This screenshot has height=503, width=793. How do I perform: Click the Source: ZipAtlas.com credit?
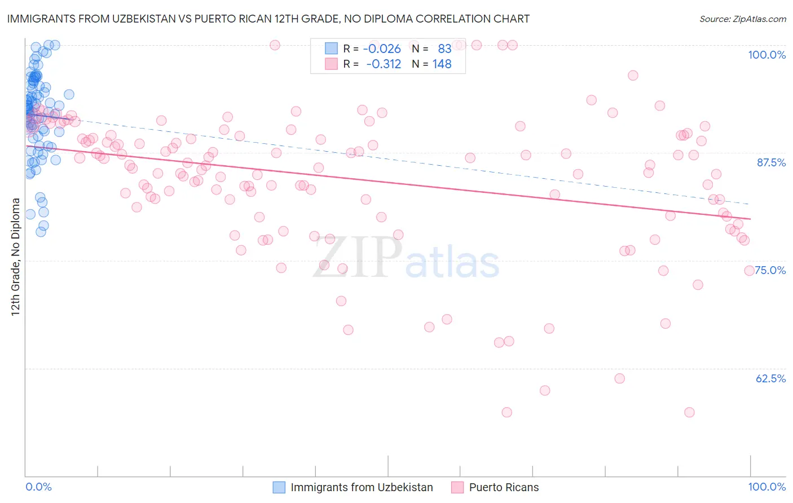(x=742, y=19)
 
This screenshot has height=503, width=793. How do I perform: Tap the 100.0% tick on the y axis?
(x=766, y=55)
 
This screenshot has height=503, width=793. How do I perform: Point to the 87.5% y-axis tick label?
(x=771, y=162)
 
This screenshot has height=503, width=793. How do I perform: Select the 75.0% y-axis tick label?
(x=770, y=270)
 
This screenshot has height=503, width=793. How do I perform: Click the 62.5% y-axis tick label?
(x=770, y=378)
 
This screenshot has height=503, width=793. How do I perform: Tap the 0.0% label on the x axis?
(x=38, y=487)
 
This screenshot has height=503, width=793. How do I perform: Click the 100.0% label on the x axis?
(x=766, y=487)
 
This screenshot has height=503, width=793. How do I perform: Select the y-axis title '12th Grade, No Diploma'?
(x=16, y=257)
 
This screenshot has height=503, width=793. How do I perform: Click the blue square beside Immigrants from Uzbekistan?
(x=279, y=487)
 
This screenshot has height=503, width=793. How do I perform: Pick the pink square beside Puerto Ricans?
(x=457, y=487)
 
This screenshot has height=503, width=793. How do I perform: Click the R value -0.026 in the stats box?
(x=382, y=49)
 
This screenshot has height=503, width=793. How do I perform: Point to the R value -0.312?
(x=384, y=64)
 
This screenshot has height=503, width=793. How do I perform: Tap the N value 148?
(x=442, y=64)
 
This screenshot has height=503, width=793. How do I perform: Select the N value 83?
(x=444, y=49)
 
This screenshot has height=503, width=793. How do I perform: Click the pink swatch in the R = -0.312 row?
(x=331, y=64)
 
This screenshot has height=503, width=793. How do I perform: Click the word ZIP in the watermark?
(x=358, y=257)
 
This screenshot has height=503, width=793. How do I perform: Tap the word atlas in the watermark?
(x=452, y=263)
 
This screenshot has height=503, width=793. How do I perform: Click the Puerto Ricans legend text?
(x=504, y=487)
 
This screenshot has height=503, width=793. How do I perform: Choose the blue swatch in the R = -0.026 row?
(x=331, y=49)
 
